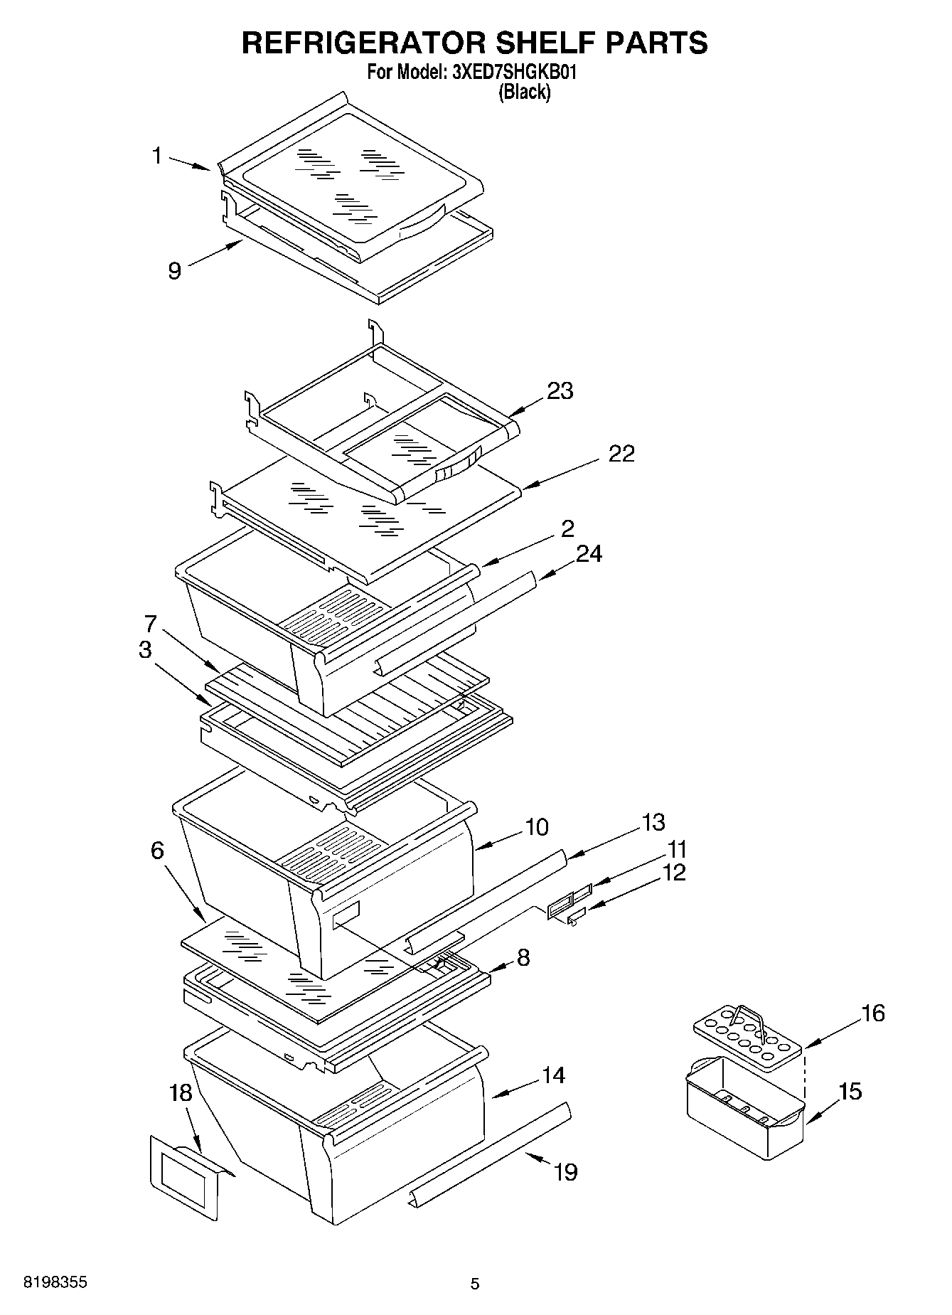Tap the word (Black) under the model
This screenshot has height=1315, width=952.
524,92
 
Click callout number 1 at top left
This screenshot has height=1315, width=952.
157,156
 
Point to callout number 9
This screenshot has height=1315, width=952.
175,270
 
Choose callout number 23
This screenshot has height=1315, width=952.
560,390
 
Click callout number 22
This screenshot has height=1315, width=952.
621,454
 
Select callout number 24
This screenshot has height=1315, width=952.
589,553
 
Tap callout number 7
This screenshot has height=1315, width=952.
150,624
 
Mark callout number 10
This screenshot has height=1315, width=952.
537,827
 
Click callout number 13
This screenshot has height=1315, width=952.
653,822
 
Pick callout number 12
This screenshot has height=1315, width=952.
673,872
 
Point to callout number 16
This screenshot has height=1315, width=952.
873,1013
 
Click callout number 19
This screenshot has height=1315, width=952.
565,1171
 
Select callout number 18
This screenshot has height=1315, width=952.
181,1092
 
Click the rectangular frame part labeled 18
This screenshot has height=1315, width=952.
184,1181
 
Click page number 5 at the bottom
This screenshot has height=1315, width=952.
475,1284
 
